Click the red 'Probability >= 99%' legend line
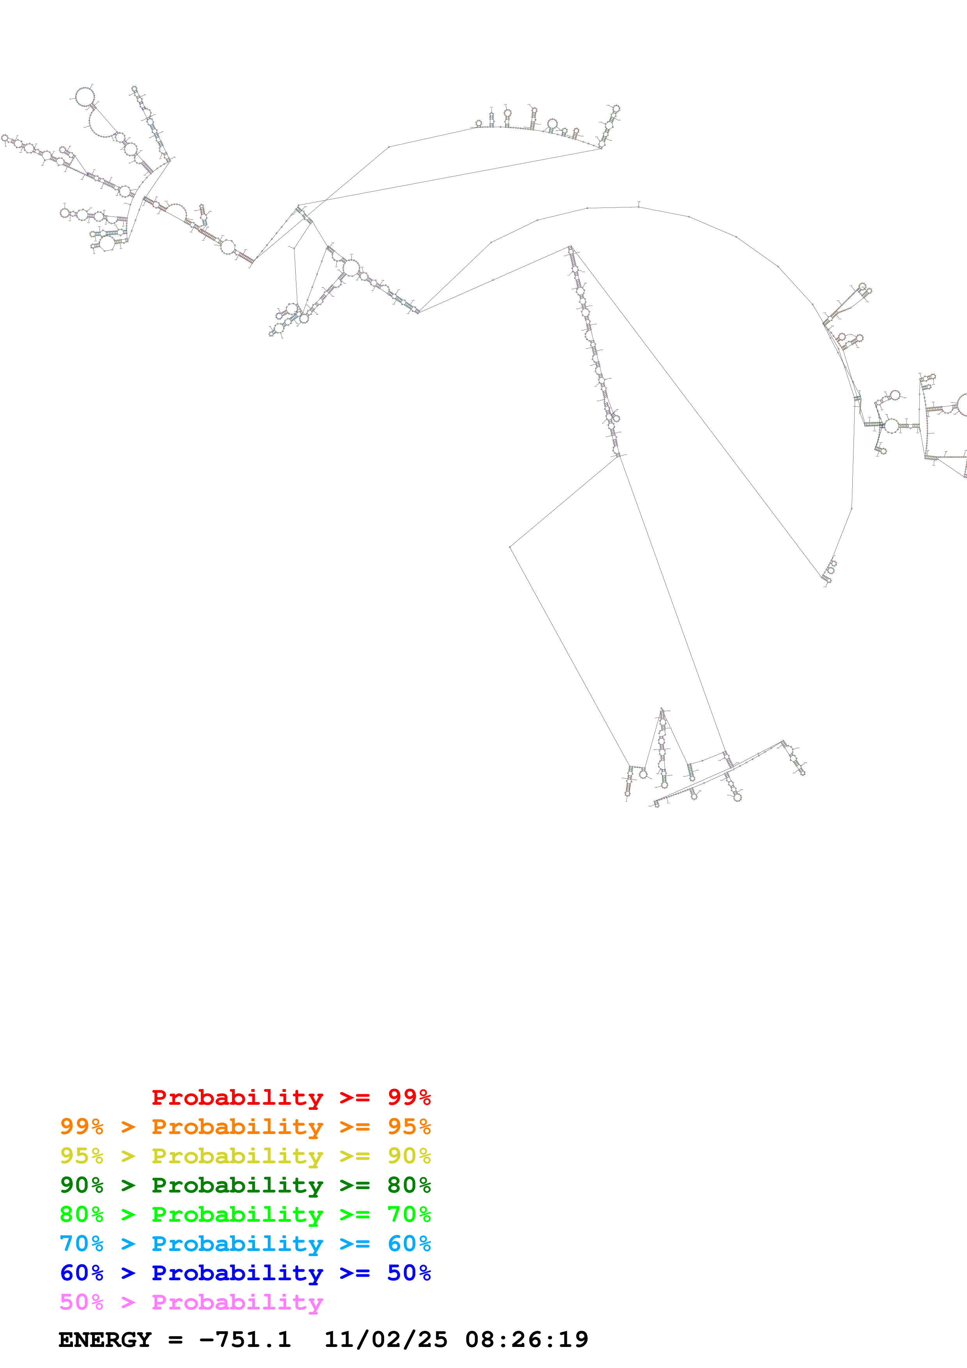291,1097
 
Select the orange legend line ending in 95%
245,1127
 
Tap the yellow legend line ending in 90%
245,1156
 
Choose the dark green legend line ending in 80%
245,1185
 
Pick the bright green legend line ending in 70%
245,1214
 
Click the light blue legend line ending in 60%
245,1244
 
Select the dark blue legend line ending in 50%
245,1273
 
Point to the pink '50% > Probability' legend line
191,1302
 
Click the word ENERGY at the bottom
105,1340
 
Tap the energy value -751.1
245,1340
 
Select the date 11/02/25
385,1340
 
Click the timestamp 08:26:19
527,1340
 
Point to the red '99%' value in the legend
409,1097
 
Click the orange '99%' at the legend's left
82,1127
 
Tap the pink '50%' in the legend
82,1302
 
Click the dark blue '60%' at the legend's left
82,1273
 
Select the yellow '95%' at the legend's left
82,1156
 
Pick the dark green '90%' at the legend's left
82,1185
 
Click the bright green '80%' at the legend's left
82,1214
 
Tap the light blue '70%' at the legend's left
82,1244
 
